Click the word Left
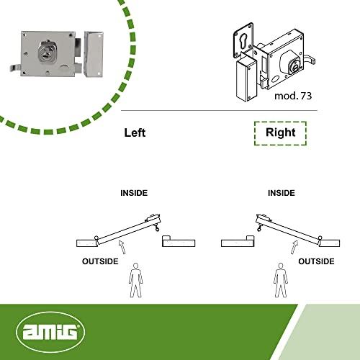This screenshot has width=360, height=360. pyautogui.click(x=135, y=132)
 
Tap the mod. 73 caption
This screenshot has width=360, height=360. pyautogui.click(x=293, y=96)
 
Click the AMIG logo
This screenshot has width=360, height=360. pyautogui.click(x=50, y=332)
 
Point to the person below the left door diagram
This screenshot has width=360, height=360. pyautogui.click(x=136, y=280)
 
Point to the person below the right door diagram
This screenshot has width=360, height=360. pyautogui.click(x=281, y=280)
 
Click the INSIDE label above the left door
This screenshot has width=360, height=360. pyautogui.click(x=134, y=193)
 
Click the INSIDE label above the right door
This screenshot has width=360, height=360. pyautogui.click(x=282, y=193)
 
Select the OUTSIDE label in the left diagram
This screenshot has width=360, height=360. pyautogui.click(x=100, y=261)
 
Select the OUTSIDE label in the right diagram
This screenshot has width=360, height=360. pyautogui.click(x=316, y=261)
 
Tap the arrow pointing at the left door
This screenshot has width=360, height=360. pyautogui.click(x=122, y=246)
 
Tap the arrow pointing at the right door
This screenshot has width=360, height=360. pyautogui.click(x=294, y=247)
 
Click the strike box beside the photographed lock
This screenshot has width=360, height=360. pyautogui.click(x=94, y=54)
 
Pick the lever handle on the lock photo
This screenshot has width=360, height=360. pyautogui.click(x=15, y=68)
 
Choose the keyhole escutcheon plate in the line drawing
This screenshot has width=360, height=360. pyautogui.click(x=243, y=40)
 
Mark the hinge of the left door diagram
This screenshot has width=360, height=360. pyautogui.click(x=96, y=238)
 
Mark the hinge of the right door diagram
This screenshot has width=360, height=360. pyautogui.click(x=320, y=238)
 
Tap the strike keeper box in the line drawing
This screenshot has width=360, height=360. pyautogui.click(x=246, y=79)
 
